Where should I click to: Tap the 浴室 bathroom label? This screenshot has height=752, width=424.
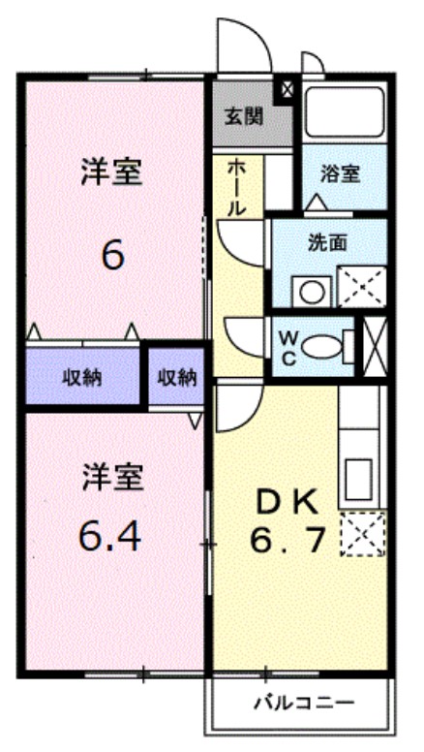point(340,174)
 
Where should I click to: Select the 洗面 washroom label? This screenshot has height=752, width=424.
point(327,243)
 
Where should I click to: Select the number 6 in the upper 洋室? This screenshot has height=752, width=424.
point(112,256)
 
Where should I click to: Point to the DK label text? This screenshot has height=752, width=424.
point(286,502)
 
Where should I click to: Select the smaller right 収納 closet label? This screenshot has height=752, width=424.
point(175,376)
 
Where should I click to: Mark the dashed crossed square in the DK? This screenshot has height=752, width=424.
point(362,533)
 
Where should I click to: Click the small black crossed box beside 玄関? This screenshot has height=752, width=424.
point(287,90)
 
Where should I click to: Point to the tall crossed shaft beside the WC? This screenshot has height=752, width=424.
point(374,344)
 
